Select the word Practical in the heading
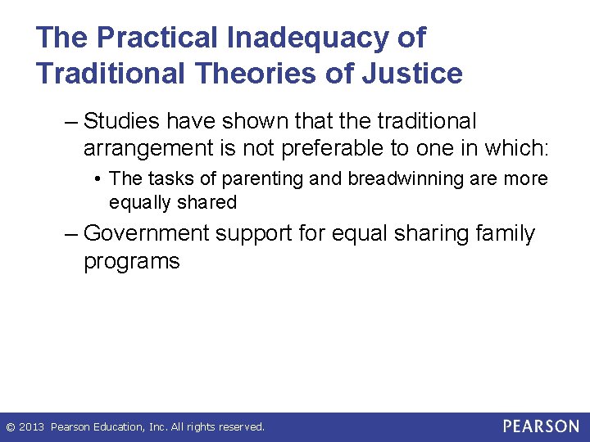161,38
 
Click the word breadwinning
402,178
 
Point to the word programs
131,261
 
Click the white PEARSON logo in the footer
540,426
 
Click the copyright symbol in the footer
10,427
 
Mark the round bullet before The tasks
98,179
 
